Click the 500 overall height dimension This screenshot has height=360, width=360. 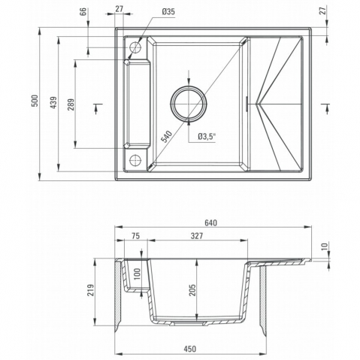(x=35, y=101)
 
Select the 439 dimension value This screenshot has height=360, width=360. (x=53, y=103)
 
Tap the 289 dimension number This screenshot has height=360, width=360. (x=71, y=104)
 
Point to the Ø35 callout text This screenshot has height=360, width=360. (x=168, y=12)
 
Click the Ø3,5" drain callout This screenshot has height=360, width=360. (x=207, y=137)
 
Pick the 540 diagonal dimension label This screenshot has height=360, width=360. (x=167, y=137)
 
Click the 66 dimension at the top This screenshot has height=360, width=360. (x=83, y=11)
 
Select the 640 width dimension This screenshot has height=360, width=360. (x=210, y=222)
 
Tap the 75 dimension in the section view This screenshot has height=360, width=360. (x=135, y=236)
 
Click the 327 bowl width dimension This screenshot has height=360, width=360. (x=197, y=236)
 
